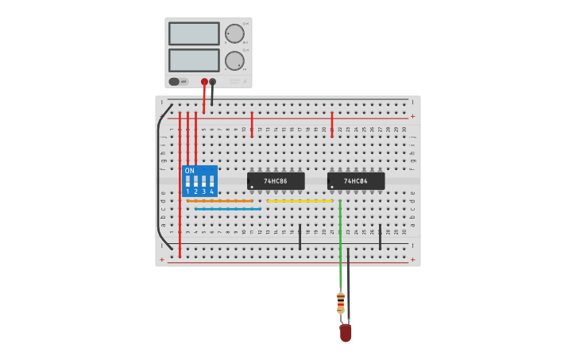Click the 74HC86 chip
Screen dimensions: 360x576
pyautogui.click(x=276, y=181)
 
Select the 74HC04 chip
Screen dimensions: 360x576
pyautogui.click(x=356, y=181)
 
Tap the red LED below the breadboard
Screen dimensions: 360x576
pyautogui.click(x=346, y=332)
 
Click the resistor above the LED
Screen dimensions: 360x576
pyautogui.click(x=341, y=302)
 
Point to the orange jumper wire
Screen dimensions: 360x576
pyautogui.click(x=220, y=201)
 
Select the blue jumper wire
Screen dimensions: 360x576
pyautogui.click(x=227, y=209)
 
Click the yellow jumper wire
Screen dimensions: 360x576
pyautogui.click(x=300, y=201)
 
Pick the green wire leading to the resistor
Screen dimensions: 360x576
pyautogui.click(x=340, y=246)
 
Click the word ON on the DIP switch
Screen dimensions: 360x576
pyautogui.click(x=189, y=171)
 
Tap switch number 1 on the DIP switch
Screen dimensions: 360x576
pyautogui.click(x=188, y=182)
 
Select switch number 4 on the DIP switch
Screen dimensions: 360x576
pyautogui.click(x=211, y=182)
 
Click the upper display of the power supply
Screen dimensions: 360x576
pyautogui.click(x=194, y=33)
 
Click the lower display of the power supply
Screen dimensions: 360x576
pyautogui.click(x=194, y=60)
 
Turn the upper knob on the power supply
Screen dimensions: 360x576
pyautogui.click(x=234, y=33)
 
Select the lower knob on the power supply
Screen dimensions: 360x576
pyautogui.click(x=234, y=60)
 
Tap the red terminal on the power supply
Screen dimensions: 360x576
pyautogui.click(x=204, y=82)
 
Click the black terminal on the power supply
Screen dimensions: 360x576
pyautogui.click(x=212, y=82)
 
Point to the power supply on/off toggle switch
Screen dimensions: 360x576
pyautogui.click(x=175, y=81)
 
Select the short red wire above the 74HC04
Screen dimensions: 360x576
pyautogui.click(x=332, y=125)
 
